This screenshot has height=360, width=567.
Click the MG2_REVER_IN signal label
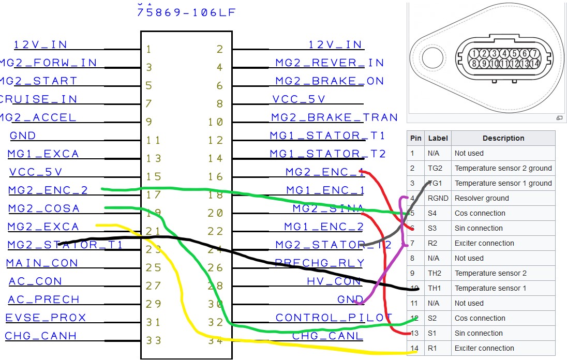(329, 63)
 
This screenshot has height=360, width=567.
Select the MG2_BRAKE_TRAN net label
(334, 118)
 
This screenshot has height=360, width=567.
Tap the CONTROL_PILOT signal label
(334, 318)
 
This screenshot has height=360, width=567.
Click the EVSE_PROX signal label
(46, 318)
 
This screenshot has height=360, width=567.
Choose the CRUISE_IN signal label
(39, 99)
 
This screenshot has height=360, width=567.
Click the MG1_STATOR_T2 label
(327, 154)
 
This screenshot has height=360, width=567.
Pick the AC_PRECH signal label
(43, 299)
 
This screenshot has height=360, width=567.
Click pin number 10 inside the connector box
(216, 123)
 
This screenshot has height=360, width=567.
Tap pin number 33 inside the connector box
(154, 341)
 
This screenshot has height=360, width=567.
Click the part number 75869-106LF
(186, 12)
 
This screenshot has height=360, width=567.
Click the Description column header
(503, 138)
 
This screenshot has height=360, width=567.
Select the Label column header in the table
(438, 138)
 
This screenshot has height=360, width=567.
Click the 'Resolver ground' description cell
(481, 198)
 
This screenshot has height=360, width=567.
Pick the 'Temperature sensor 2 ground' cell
(503, 168)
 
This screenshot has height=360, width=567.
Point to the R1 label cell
(433, 348)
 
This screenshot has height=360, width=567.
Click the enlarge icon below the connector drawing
(559, 118)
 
